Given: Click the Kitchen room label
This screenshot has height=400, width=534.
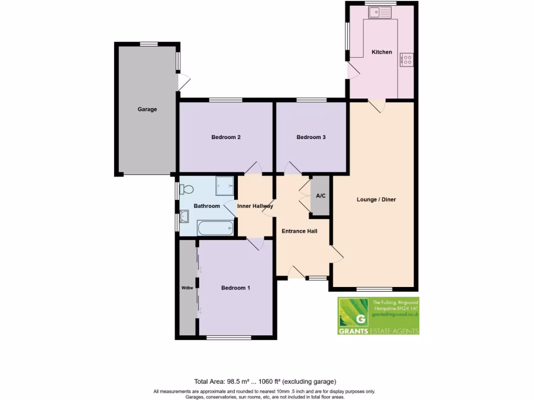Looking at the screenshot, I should [x=381, y=52].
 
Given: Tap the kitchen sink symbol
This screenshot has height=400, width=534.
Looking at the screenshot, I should [x=381, y=12].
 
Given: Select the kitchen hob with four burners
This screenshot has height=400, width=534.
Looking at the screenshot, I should [x=406, y=60].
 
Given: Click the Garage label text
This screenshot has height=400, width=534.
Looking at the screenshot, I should [x=147, y=109].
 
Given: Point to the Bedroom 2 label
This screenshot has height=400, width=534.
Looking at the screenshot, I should [x=225, y=137].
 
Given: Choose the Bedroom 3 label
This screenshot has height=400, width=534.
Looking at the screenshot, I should [x=311, y=137].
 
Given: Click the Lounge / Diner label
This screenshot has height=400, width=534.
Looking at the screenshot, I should [x=376, y=199].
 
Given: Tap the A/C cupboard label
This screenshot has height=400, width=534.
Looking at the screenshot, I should [x=321, y=196].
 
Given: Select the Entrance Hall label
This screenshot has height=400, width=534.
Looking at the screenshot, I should [x=299, y=231].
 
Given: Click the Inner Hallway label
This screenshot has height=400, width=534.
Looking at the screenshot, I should [x=255, y=206].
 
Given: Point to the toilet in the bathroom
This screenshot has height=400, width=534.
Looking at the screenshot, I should [x=187, y=189].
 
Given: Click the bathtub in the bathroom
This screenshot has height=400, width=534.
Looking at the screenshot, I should [x=215, y=228].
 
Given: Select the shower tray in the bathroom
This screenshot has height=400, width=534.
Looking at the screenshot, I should [x=225, y=185].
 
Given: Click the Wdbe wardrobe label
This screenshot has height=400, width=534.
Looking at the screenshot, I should [x=186, y=287].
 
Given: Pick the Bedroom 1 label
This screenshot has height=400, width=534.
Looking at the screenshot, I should [x=235, y=288].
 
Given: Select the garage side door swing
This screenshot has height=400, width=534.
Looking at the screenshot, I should [x=184, y=81].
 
